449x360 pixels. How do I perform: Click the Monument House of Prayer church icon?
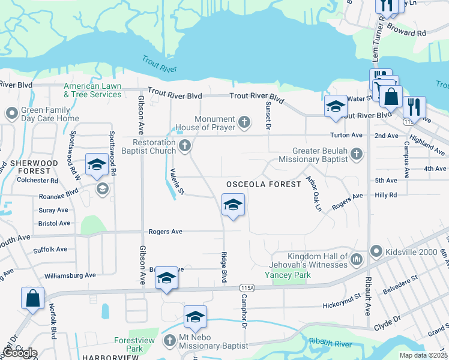click(244, 123)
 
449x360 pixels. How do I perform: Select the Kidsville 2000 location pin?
click(376, 250)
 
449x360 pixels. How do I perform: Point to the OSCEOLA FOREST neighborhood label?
click(262, 184)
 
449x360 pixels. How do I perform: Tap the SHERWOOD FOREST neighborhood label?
click(33, 167)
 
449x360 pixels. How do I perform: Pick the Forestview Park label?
click(126, 344)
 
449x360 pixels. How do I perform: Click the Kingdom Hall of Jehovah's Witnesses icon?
click(357, 259)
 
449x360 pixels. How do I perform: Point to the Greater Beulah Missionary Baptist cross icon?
click(356, 154)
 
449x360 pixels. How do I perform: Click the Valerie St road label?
click(174, 183)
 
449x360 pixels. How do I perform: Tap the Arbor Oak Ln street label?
click(314, 193)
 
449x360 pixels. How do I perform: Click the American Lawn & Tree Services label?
click(93, 90)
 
